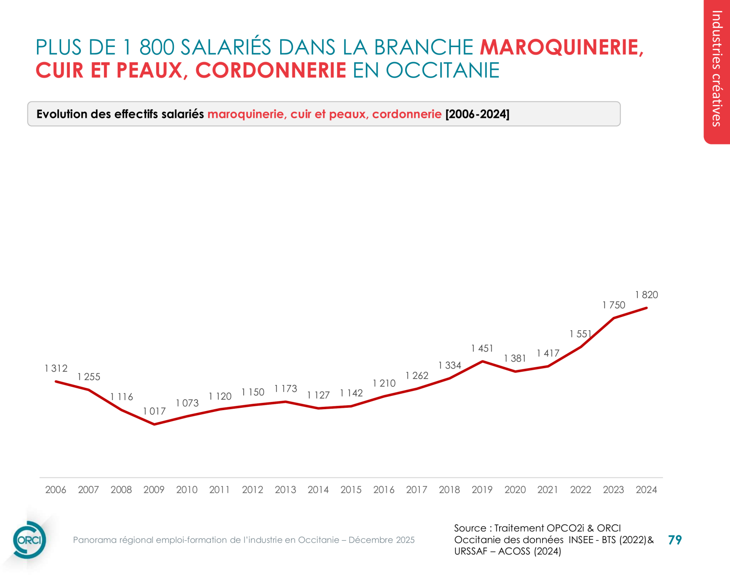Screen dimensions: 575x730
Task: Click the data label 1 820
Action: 647,295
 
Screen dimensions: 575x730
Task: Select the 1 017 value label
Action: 154,411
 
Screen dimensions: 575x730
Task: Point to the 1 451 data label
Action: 482,349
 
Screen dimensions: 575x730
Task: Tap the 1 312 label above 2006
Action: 56,369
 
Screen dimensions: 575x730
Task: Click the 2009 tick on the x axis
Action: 154,490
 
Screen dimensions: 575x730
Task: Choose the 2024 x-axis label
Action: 646,490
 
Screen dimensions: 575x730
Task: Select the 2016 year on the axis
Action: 384,490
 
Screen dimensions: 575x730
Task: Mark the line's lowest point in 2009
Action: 154,424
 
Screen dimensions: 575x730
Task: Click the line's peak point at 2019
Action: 482,361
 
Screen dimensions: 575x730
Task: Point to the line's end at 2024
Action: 647,308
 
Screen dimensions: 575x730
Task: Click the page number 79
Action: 675,540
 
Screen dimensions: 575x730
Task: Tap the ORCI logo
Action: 29,540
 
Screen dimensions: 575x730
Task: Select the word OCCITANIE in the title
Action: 443,71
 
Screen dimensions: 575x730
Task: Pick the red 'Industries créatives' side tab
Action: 717,69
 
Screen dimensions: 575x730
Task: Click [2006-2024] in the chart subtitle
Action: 477,114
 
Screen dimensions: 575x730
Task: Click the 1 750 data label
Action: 614,305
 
